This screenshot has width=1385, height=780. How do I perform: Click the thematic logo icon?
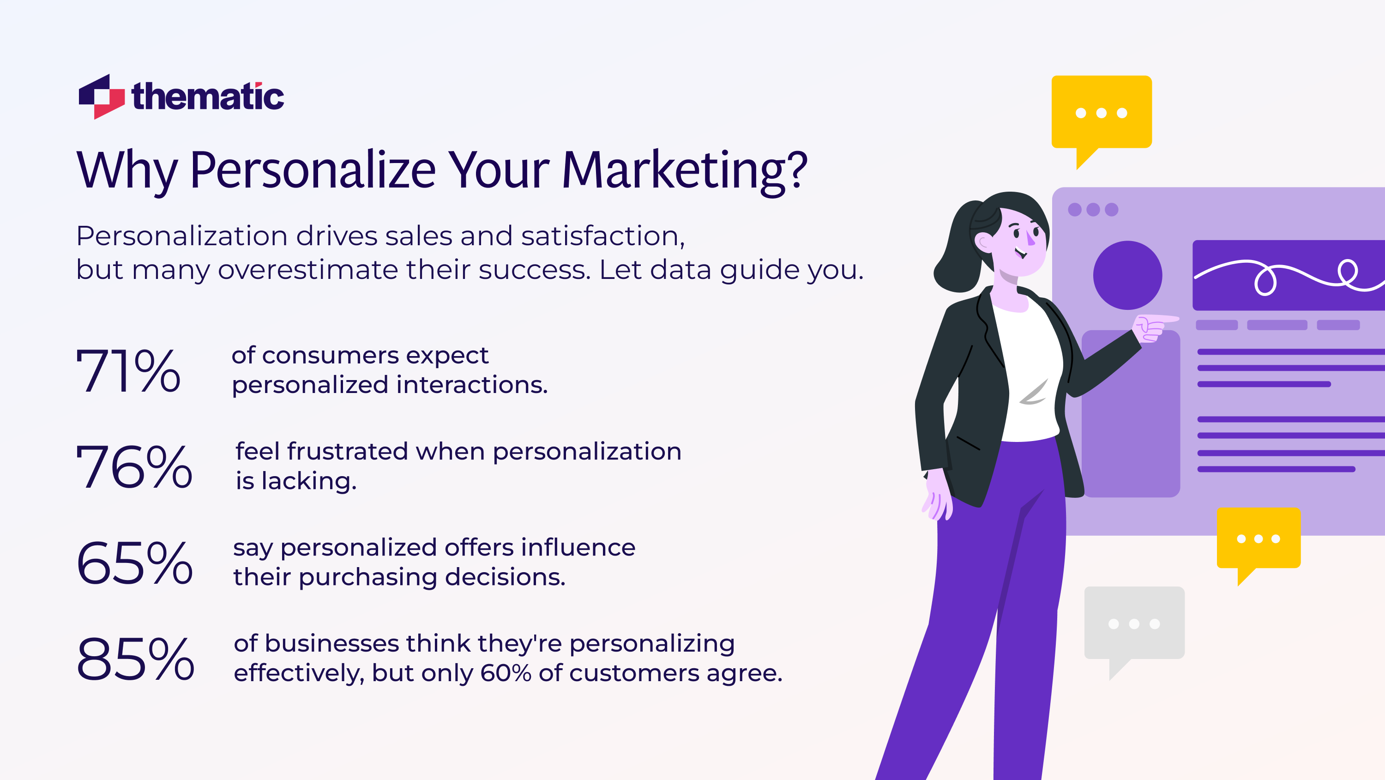point(101,97)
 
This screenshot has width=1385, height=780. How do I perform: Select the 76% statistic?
point(134,466)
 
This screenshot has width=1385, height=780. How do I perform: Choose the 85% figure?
point(135,659)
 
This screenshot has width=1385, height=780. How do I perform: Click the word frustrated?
point(347,451)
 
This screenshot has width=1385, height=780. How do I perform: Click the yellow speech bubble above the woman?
point(1101,113)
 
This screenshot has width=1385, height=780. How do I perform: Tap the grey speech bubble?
point(1134,624)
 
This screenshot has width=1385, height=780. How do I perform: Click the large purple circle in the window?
point(1127,275)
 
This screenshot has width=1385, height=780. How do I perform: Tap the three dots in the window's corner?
point(1092,209)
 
